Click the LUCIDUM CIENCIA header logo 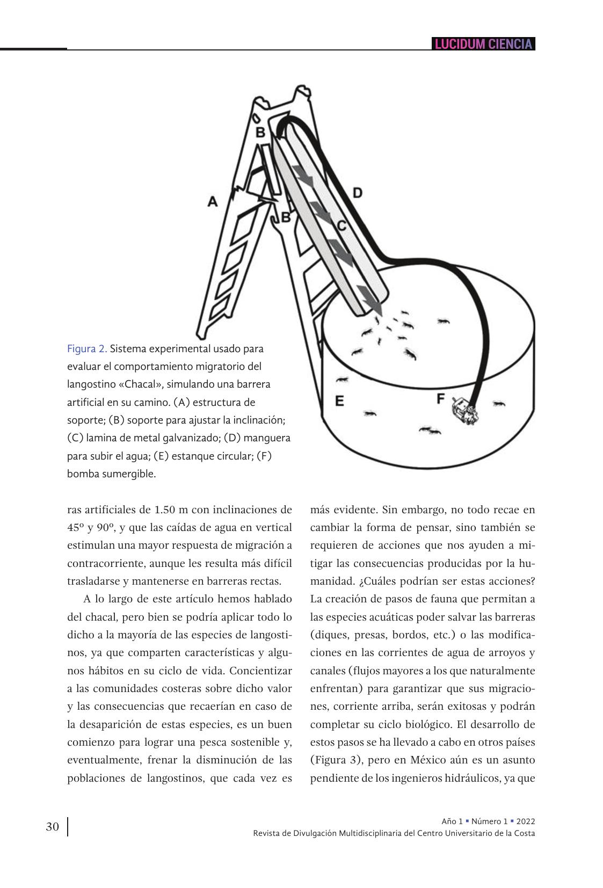pyautogui.click(x=483, y=44)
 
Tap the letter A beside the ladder pyautogui.click(x=213, y=202)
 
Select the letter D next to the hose pyautogui.click(x=357, y=192)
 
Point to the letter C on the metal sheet pyautogui.click(x=342, y=226)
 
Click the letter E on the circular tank pyautogui.click(x=339, y=401)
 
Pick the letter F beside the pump pyautogui.click(x=441, y=398)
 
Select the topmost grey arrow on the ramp pyautogui.click(x=303, y=175)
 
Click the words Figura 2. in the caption pyautogui.click(x=87, y=348)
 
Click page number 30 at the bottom pyautogui.click(x=53, y=826)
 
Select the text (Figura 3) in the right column pyautogui.click(x=336, y=760)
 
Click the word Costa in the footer pyautogui.click(x=524, y=833)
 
